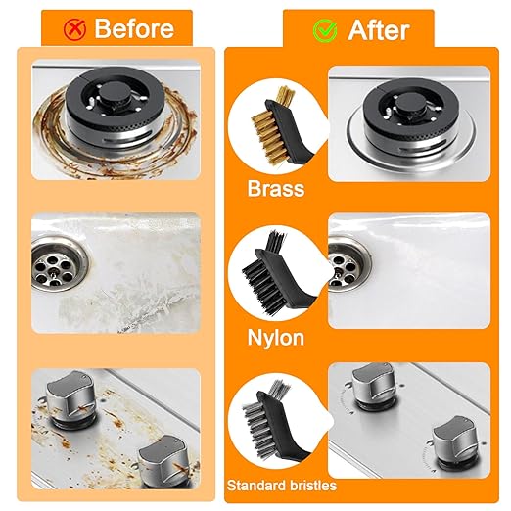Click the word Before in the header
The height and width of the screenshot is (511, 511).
[x=134, y=28]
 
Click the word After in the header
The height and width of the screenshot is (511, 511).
[x=379, y=30]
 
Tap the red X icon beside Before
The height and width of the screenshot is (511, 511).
[x=74, y=29]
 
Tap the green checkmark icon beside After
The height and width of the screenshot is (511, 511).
[x=325, y=30]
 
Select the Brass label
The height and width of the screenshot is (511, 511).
[x=276, y=189]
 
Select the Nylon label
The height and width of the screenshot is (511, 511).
[x=276, y=338]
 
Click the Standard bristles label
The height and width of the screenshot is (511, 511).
[x=282, y=486]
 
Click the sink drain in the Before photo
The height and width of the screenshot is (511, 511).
[x=60, y=264]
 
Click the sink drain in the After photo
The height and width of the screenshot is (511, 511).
[x=349, y=263]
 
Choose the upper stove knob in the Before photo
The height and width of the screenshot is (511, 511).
[x=70, y=399]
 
